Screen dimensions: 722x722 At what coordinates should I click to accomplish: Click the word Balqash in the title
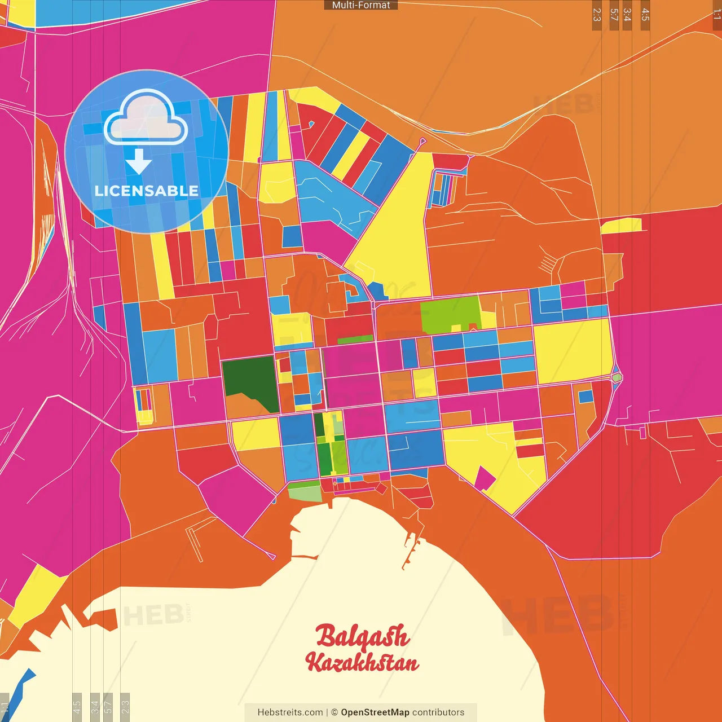362,636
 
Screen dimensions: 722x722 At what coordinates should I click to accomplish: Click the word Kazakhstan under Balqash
362,662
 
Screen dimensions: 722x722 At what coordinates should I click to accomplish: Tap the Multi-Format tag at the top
361,5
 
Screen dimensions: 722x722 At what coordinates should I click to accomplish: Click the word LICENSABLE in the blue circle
147,191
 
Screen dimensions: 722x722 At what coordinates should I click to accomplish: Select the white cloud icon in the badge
146,118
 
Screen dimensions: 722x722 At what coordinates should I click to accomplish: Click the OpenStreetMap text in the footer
375,712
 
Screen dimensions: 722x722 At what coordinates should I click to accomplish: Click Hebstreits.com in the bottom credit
290,712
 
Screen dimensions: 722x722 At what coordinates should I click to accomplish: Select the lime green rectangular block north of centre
450,314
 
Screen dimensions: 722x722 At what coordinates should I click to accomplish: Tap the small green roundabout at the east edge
617,377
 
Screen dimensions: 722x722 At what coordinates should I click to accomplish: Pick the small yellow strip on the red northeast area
621,226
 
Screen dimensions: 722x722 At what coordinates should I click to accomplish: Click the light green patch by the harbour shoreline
305,493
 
